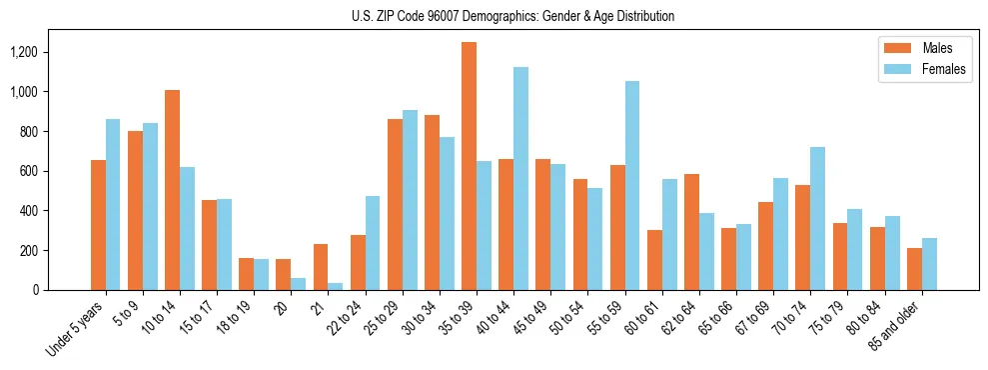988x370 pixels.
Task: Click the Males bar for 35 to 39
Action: [469, 166]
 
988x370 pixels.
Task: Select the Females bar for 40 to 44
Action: [520, 178]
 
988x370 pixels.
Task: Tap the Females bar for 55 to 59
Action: [632, 185]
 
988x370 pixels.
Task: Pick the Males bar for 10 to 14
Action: [172, 190]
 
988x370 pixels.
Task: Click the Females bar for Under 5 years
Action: [113, 204]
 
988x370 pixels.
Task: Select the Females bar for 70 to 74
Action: [817, 218]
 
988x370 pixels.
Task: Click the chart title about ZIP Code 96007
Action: [512, 16]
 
